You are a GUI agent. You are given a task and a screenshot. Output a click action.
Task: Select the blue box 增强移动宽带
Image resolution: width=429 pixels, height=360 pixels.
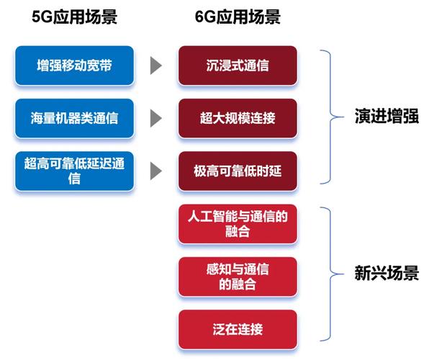pyautogui.click(x=74, y=66)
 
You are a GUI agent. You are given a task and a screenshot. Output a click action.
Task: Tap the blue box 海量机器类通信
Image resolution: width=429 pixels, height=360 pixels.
pyautogui.click(x=74, y=118)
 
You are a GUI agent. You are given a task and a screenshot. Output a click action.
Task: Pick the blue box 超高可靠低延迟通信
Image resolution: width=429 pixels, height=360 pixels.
pyautogui.click(x=74, y=171)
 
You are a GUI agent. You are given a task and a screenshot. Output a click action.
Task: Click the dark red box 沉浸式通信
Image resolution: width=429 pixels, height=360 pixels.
pyautogui.click(x=238, y=66)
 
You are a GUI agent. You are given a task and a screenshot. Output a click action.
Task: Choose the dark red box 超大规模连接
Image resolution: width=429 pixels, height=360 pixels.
pyautogui.click(x=238, y=118)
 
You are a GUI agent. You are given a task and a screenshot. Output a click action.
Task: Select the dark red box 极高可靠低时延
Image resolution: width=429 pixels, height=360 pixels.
pyautogui.click(x=238, y=171)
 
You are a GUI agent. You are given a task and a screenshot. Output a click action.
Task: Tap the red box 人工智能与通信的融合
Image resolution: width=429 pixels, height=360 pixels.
pyautogui.click(x=238, y=224)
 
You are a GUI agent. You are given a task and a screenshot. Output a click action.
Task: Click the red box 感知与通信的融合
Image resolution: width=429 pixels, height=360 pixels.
pyautogui.click(x=238, y=276)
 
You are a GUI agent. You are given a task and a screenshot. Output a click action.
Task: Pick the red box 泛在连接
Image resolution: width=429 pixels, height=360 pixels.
pyautogui.click(x=238, y=329)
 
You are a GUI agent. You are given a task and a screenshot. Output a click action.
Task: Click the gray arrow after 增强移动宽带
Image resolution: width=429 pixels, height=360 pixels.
pyautogui.click(x=155, y=66)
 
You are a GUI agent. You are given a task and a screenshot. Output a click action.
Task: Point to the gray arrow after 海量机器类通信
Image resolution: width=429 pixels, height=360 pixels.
pyautogui.click(x=155, y=118)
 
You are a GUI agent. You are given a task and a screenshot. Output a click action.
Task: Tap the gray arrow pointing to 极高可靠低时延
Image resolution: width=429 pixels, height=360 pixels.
pyautogui.click(x=155, y=171)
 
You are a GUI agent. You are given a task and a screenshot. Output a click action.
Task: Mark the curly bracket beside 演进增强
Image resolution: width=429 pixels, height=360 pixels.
pyautogui.click(x=329, y=117)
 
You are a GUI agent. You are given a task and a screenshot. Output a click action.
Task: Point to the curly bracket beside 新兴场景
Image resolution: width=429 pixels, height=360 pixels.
pyautogui.click(x=329, y=274)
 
